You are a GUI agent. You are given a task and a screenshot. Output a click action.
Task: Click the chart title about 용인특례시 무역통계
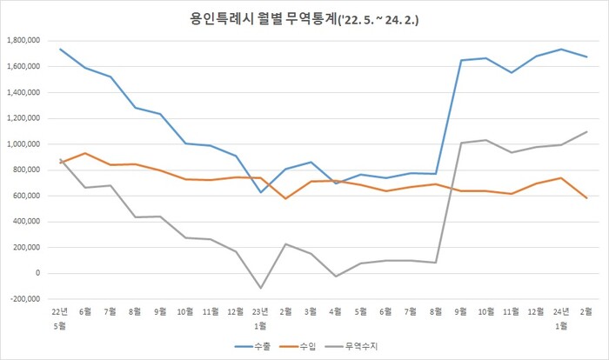[x=304, y=17]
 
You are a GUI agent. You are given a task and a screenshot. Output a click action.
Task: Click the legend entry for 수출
[x=260, y=346]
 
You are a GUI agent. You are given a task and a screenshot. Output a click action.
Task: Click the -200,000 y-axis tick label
[x=26, y=299]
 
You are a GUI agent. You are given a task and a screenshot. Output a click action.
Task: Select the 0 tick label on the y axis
[x=41, y=273]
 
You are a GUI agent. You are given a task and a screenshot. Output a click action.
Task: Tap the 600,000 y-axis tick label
[x=28, y=196]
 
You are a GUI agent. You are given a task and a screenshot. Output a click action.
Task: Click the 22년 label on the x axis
[x=60, y=311]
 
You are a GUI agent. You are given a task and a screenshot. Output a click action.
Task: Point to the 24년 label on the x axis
[x=562, y=311]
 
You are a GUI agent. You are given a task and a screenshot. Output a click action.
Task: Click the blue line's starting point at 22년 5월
[x=60, y=49]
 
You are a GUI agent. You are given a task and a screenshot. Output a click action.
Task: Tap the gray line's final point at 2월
[x=587, y=132]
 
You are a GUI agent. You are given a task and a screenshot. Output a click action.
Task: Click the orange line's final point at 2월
[x=587, y=198]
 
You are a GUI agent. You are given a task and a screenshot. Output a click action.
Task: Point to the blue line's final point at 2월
[x=587, y=57]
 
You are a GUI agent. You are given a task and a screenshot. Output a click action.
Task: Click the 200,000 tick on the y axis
[x=28, y=247]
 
